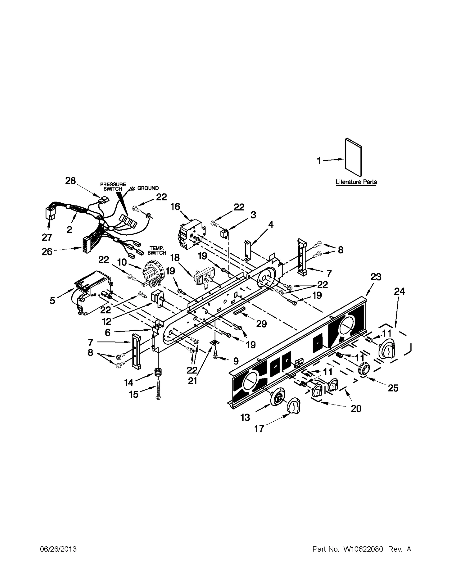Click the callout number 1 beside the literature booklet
coord(319,161)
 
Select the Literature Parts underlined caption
coord(356,182)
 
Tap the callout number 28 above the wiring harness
coord(70,181)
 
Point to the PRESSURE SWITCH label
coord(113,187)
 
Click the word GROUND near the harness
coord(148,188)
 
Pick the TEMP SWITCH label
coord(157,251)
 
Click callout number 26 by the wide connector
coord(47,251)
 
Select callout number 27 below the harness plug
coord(47,237)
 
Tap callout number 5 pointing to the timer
coord(52,300)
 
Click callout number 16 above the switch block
coord(175,207)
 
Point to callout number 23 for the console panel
coord(376,277)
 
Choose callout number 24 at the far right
coord(399,291)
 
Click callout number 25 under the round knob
coord(393,388)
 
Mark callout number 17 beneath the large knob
coord(259,429)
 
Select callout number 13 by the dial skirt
coord(245,417)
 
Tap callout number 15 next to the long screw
coord(134,394)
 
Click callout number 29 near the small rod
coord(261,324)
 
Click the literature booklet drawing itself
coord(354,157)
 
